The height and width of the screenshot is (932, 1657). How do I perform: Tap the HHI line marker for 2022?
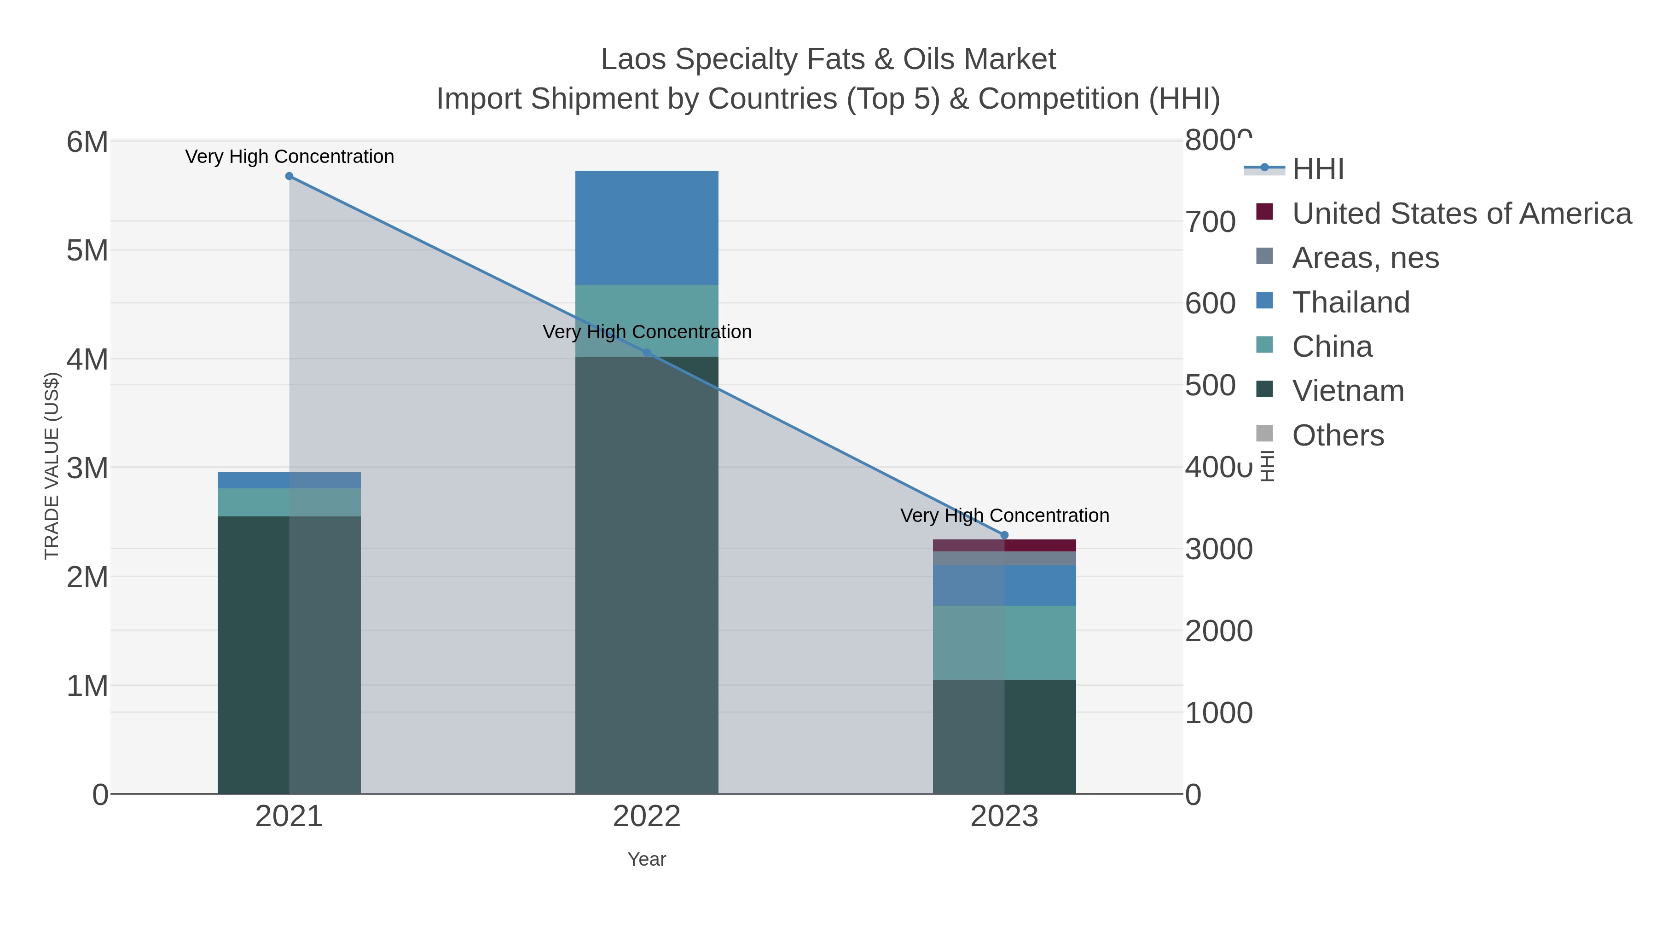tap(647, 353)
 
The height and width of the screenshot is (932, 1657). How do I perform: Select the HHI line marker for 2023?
tap(1004, 535)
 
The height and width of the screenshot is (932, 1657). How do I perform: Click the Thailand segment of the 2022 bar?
tap(647, 228)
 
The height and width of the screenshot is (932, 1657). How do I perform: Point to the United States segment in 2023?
tap(1004, 545)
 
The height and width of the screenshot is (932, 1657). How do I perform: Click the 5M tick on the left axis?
tap(87, 251)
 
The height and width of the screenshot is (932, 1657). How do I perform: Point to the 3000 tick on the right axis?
tap(1218, 549)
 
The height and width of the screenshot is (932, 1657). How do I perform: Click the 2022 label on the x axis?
tap(647, 817)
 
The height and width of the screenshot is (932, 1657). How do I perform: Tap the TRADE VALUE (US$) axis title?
tap(52, 466)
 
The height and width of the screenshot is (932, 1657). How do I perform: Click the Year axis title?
tap(647, 859)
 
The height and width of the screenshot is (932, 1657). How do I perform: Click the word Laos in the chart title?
tap(634, 59)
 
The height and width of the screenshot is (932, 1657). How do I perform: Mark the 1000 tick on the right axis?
tap(1218, 712)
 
